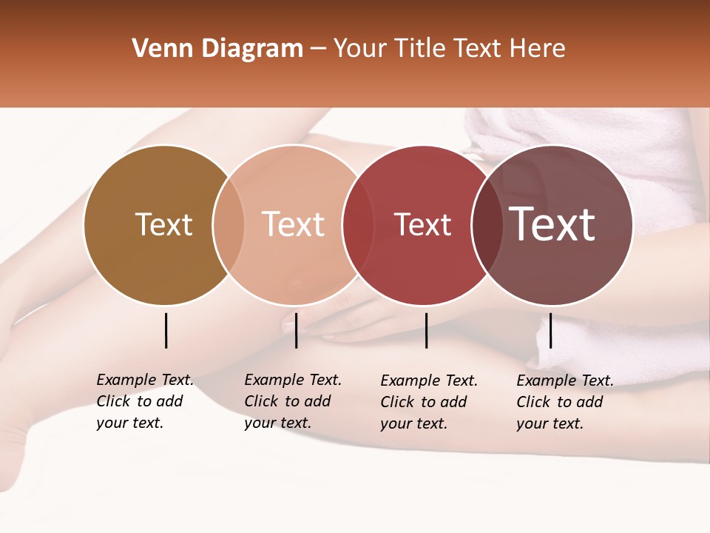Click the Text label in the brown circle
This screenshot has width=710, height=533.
[163, 224]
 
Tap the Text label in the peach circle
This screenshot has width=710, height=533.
[294, 224]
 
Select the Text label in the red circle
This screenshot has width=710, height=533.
[422, 225]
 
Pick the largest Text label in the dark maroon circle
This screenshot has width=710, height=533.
[552, 224]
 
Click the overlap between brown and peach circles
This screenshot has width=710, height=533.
[229, 225]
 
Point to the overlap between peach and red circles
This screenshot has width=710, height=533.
[358, 225]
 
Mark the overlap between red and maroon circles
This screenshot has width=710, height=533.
[487, 225]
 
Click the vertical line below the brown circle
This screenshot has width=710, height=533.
[166, 330]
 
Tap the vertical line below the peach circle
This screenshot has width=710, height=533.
[296, 330]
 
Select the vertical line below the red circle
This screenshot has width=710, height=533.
[427, 330]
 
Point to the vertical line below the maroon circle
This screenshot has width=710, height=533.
[550, 330]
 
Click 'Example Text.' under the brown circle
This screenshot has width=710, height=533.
[145, 380]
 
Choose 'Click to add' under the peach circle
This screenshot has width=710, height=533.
[287, 401]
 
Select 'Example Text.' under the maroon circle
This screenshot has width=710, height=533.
[565, 381]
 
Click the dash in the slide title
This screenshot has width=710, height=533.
[318, 49]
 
